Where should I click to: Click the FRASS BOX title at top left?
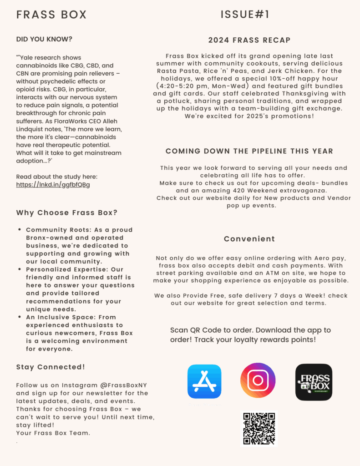51,15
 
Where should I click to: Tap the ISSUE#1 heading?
245,15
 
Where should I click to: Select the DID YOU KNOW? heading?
44,39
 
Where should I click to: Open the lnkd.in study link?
53,184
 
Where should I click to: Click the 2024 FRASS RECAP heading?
249,40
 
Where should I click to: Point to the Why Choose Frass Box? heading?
67,213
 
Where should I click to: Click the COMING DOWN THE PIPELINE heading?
249,151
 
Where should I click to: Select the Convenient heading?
249,239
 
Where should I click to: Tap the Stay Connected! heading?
51,367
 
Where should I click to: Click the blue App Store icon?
204,381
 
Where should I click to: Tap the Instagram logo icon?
258,380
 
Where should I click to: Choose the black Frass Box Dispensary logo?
314,382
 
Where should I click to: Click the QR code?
259,429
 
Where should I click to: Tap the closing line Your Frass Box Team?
53,433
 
